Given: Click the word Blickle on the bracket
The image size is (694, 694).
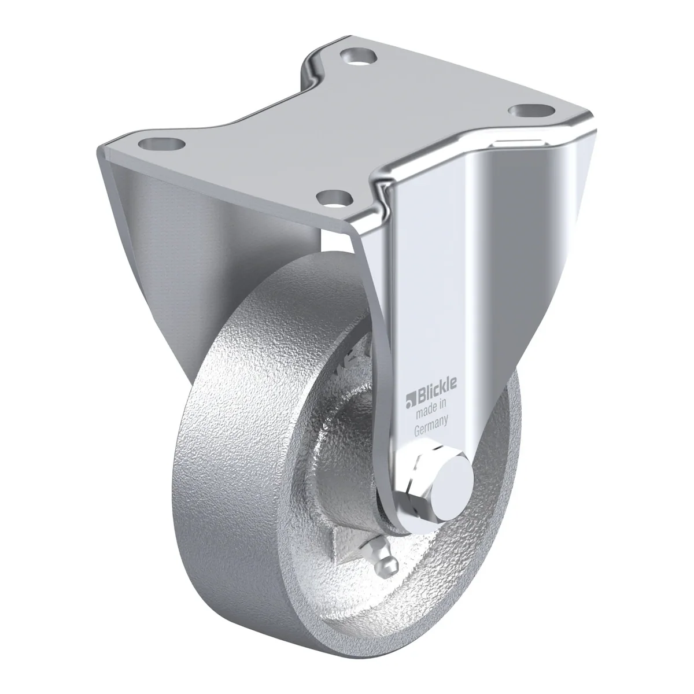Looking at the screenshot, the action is click(x=437, y=392).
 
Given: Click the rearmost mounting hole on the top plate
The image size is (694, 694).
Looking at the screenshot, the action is click(x=358, y=56).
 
